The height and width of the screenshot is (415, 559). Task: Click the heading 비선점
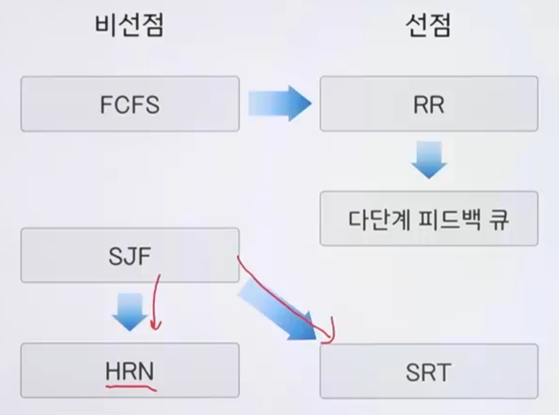pos(129,26)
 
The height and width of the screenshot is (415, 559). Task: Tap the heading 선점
pos(428,26)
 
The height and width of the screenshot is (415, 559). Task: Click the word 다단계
pos(375,219)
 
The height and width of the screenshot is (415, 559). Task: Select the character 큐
pos(498,219)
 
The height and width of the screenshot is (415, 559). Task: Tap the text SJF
pos(130,256)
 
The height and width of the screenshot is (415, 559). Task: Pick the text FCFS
pos(130,104)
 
